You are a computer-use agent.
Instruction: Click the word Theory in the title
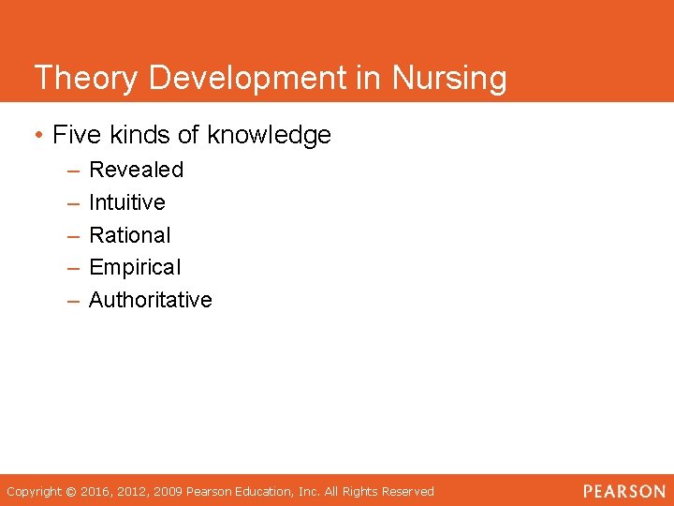tap(81, 78)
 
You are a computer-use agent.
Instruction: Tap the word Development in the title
tap(243, 78)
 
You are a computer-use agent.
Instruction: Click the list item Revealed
tap(136, 170)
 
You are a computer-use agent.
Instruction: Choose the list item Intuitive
tap(126, 202)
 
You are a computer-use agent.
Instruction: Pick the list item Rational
tap(129, 235)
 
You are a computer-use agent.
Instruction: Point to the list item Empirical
tap(135, 267)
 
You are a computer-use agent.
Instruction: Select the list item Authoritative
tap(150, 300)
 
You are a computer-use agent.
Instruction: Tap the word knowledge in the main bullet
tap(269, 135)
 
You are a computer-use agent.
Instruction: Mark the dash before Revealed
tap(73, 171)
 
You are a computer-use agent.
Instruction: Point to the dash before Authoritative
tap(73, 301)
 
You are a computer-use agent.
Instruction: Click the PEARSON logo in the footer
tap(624, 491)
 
